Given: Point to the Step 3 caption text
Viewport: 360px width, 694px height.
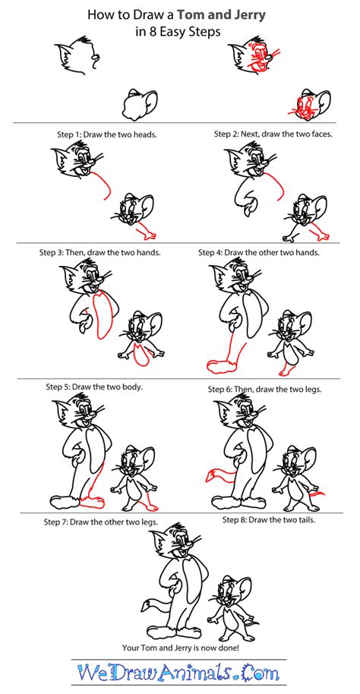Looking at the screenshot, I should (x=109, y=253).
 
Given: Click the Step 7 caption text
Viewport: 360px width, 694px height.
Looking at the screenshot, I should (x=108, y=521).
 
